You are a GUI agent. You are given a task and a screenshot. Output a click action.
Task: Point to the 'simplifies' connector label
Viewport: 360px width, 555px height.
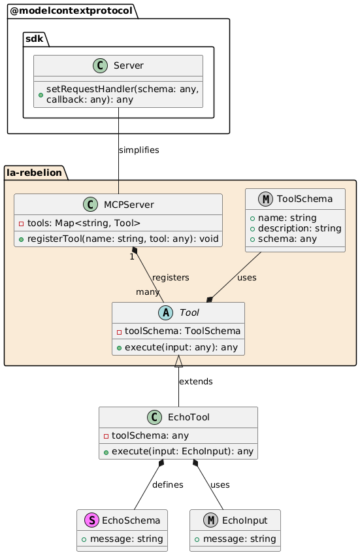[x=139, y=150]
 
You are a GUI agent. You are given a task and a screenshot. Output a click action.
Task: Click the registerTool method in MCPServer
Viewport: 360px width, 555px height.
[x=122, y=238]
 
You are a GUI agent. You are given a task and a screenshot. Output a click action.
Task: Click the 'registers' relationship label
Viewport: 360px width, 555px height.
[x=171, y=277]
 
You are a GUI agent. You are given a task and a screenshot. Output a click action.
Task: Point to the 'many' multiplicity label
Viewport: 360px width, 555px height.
[x=148, y=291]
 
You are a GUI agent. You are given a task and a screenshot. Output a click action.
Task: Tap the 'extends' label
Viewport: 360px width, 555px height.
[x=195, y=380]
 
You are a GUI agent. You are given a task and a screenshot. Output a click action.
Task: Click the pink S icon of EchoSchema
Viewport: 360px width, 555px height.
[x=106, y=520]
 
